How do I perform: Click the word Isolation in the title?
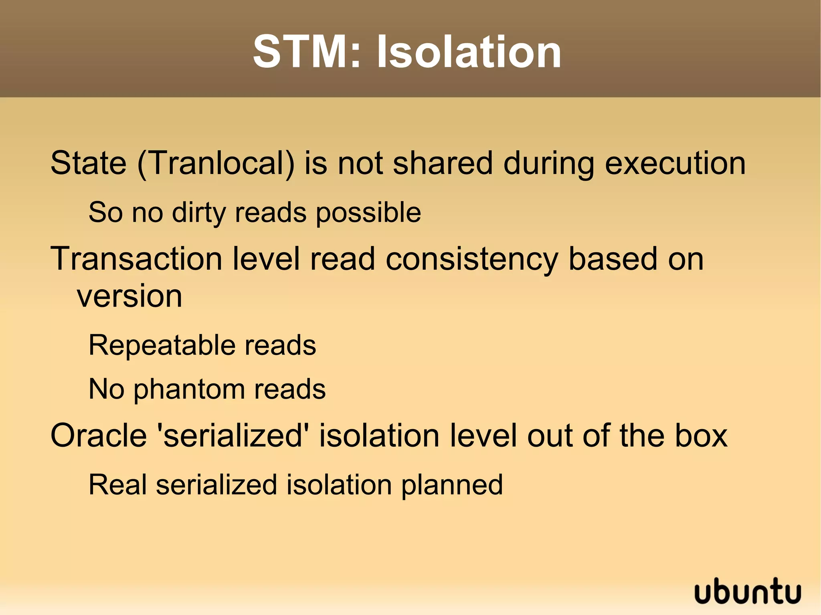469,52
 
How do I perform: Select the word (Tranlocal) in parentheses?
216,163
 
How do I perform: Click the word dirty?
199,212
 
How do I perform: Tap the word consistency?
471,260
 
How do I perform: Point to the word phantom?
188,390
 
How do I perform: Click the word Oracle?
99,436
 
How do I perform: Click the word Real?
117,485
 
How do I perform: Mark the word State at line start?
88,163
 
